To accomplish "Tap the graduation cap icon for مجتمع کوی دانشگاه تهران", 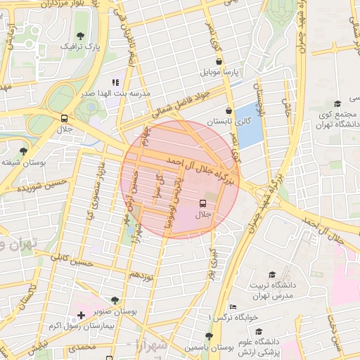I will click(338, 103).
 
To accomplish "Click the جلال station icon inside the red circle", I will click(203, 204).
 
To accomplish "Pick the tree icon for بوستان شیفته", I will click(24, 151).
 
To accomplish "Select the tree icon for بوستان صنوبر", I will click(115, 300).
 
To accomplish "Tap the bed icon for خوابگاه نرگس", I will click(233, 307).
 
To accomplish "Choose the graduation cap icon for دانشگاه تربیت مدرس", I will click(272, 274).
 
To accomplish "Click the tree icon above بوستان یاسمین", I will click(208, 336).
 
